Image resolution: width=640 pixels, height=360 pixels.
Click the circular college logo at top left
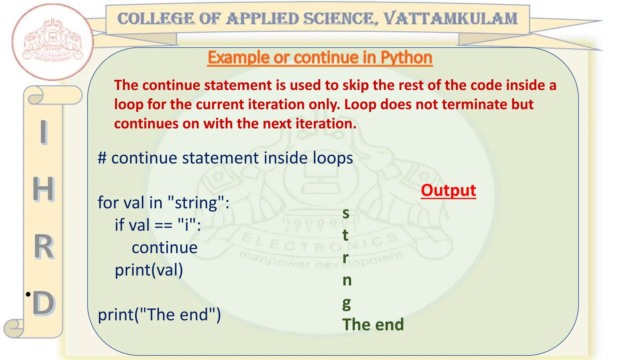[52, 42]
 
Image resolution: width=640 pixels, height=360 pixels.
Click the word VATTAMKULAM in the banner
[450, 19]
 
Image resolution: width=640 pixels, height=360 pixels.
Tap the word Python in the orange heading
[406, 57]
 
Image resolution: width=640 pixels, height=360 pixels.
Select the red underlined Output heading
[448, 190]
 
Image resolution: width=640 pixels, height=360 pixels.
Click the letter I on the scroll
[44, 132]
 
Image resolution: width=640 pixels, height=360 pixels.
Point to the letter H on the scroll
[43, 189]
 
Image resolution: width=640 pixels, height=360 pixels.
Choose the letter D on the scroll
[44, 303]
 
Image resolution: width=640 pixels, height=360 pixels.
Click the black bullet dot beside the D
[28, 294]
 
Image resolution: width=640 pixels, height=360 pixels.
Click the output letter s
[346, 213]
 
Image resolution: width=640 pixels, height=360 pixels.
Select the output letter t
[345, 235]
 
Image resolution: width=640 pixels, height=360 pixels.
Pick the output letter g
[346, 303]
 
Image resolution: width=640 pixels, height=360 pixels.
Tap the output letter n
[347, 280]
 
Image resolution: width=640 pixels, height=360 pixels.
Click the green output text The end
[373, 324]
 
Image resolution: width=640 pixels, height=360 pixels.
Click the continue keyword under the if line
[164, 247]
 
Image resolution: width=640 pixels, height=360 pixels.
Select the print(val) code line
[149, 270]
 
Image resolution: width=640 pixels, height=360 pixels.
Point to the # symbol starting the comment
[102, 158]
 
